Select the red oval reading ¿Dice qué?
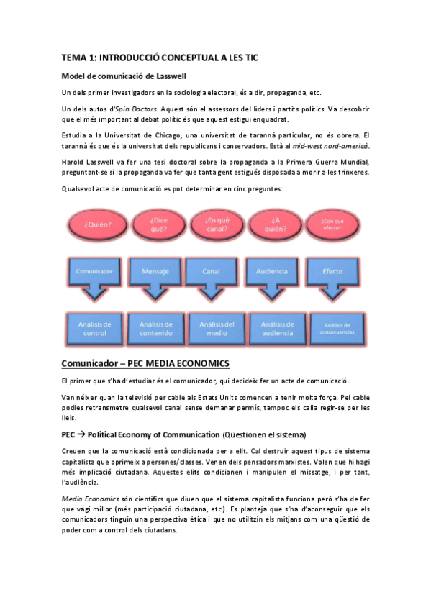pos(159,224)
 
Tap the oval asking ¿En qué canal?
pos(214,224)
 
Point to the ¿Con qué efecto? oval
pos(332,224)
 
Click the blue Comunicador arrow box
pos(93,273)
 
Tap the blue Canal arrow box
pos(212,273)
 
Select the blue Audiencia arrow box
pos(271,273)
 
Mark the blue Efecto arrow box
pos(332,273)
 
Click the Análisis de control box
pos(93,329)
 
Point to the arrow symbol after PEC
pos(83,434)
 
